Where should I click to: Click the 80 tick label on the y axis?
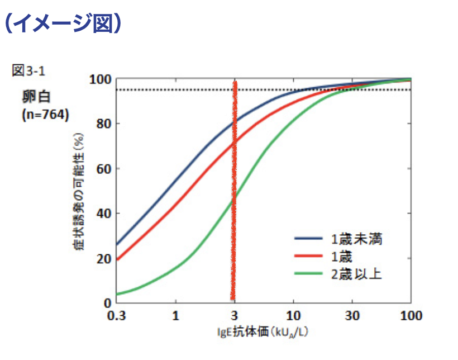(102, 124)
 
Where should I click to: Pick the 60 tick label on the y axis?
(102, 169)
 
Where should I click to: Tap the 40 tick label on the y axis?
(102, 214)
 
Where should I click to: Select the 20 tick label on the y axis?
(102, 258)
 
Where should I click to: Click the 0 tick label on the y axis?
(106, 303)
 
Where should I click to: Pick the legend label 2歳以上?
(356, 273)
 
